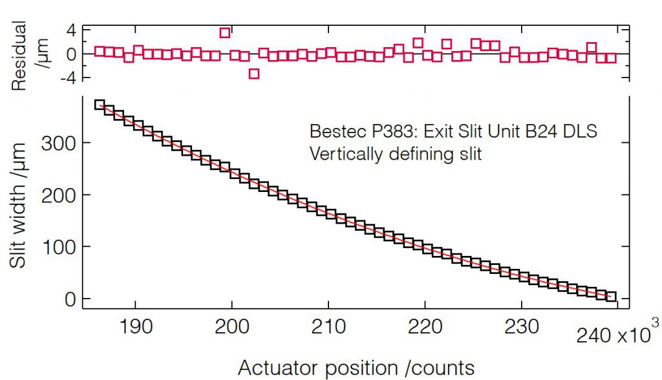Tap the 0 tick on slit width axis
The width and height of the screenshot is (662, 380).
point(67,299)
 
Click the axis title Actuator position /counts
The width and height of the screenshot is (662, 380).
point(356,367)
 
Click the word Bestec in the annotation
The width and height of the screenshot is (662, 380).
point(334,131)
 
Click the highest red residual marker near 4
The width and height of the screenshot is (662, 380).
point(225,33)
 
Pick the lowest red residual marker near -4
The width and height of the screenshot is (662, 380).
point(254,74)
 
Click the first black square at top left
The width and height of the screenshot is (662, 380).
point(100,105)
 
